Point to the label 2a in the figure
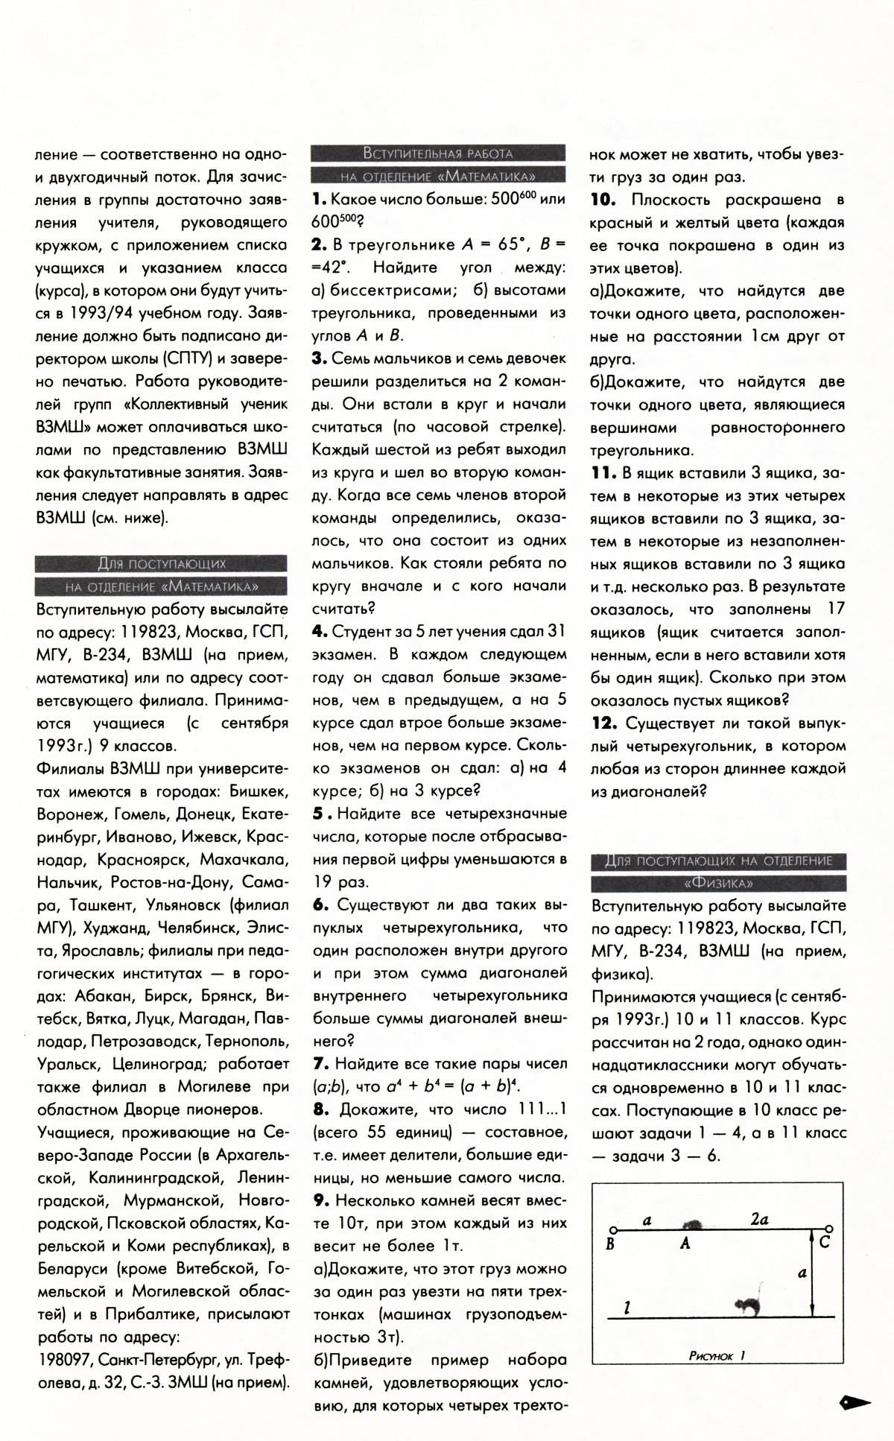pos(759,1220)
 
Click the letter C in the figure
pos(825,1242)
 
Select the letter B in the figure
pos(611,1243)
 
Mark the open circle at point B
pos(612,1229)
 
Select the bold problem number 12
pos(604,723)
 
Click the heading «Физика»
pos(718,884)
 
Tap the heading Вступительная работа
pos(438,153)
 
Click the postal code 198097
pos(64,1360)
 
